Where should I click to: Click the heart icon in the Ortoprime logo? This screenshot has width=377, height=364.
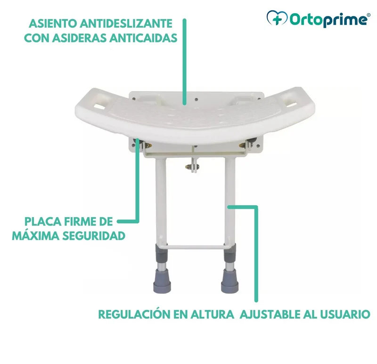tap(277, 18)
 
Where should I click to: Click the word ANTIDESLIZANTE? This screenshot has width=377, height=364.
tap(126, 24)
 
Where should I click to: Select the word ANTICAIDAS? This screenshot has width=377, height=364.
tap(143, 38)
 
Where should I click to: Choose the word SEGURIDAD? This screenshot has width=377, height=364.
tap(94, 236)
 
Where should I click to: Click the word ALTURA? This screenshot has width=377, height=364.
tap(213, 314)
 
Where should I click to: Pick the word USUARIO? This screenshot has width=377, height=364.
tap(345, 314)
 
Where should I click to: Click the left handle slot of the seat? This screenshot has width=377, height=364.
tap(99, 106)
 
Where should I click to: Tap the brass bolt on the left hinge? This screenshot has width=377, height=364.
tap(148, 145)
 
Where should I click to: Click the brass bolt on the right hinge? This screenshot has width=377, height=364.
tap(242, 145)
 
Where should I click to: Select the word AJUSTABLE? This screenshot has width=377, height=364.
tap(270, 314)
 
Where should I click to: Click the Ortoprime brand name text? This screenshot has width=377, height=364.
tap(328, 19)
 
